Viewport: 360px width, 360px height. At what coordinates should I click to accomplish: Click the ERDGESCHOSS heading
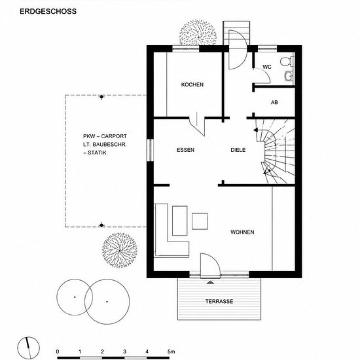(48, 11)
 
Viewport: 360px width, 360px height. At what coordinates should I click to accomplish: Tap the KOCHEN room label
(192, 84)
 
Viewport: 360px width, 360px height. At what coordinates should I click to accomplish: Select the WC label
(267, 67)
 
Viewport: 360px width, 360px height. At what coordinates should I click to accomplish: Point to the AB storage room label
(274, 102)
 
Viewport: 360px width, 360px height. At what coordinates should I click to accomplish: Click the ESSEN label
(185, 150)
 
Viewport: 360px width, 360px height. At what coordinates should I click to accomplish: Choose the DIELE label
(238, 150)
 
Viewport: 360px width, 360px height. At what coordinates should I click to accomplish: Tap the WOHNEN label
(242, 232)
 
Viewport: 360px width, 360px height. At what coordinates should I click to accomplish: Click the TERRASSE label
(219, 301)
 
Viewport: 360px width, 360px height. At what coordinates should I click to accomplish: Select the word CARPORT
(114, 136)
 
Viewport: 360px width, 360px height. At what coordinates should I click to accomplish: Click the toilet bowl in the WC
(286, 62)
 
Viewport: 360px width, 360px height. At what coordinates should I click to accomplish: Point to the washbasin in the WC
(289, 76)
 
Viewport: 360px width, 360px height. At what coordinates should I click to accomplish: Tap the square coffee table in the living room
(200, 221)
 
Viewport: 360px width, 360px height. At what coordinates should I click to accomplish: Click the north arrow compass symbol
(28, 348)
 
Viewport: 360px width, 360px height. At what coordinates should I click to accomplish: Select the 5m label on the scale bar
(171, 351)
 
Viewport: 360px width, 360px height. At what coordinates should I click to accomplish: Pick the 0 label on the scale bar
(58, 351)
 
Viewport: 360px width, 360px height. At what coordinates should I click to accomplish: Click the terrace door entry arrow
(210, 282)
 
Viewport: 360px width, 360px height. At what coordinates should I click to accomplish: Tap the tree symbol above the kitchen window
(198, 33)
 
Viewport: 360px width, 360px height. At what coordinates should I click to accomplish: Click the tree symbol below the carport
(120, 250)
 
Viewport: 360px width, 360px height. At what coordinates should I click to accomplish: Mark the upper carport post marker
(101, 97)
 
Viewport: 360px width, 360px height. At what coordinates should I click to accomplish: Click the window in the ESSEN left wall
(150, 150)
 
